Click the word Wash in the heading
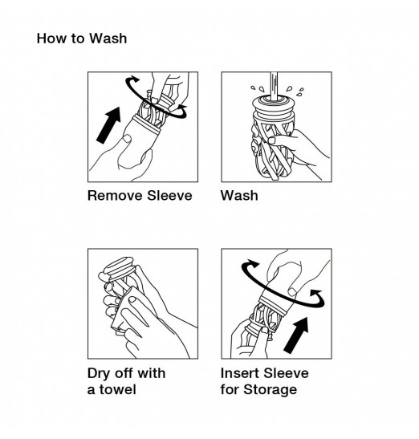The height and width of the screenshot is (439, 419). (x=108, y=39)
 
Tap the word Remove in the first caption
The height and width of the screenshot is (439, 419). (x=115, y=195)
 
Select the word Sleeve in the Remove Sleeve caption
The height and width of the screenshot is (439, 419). (x=169, y=195)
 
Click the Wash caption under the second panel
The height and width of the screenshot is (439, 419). (x=239, y=195)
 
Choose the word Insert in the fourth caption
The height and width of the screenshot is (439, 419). (x=239, y=373)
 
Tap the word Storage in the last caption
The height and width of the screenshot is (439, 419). (x=270, y=390)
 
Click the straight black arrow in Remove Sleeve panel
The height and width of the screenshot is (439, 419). (x=109, y=124)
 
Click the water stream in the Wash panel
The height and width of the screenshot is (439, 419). (x=274, y=86)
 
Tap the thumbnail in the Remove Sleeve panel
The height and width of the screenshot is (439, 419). (x=127, y=138)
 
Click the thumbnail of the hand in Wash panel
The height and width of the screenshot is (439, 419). (x=272, y=140)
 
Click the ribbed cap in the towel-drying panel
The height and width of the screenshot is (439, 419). (x=120, y=268)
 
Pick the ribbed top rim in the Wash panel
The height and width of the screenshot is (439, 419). (x=274, y=106)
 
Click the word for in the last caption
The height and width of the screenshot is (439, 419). (x=230, y=389)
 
